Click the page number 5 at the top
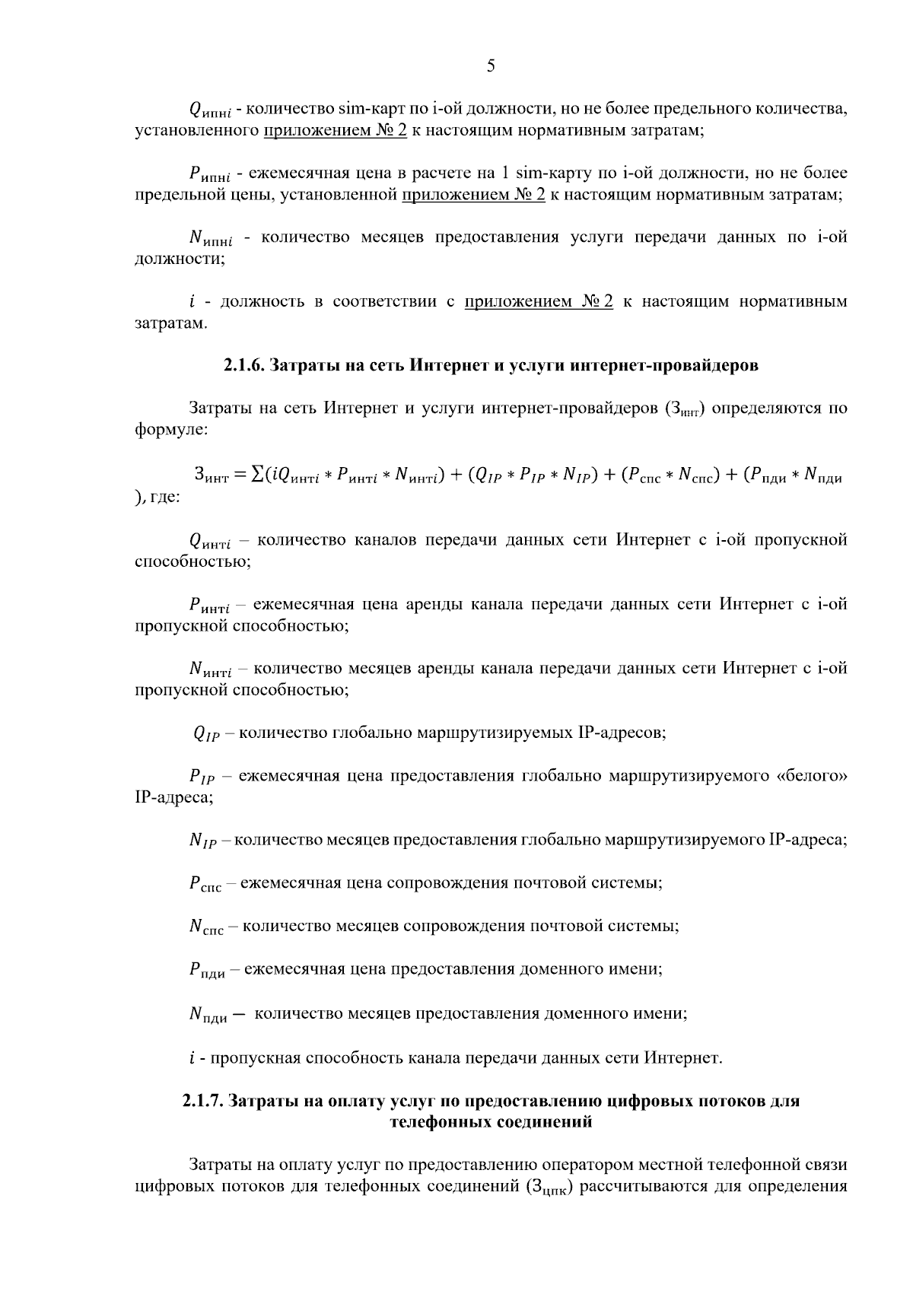(491, 66)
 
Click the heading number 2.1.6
(243, 366)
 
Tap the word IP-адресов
(622, 733)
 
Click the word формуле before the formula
(170, 430)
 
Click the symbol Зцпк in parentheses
(549, 1188)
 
